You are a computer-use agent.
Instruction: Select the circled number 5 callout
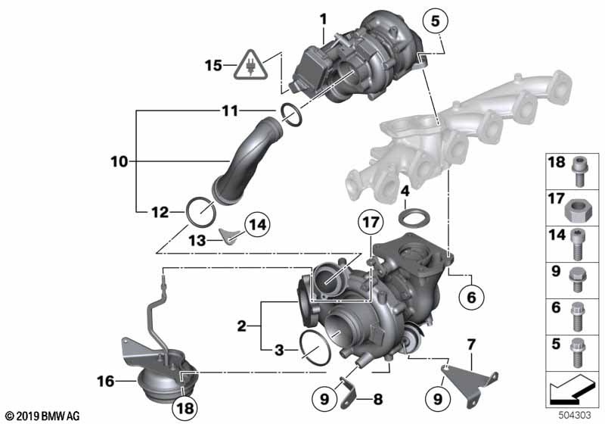coord(435,20)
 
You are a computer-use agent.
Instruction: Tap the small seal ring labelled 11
coord(291,114)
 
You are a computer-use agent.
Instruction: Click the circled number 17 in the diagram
coord(371,223)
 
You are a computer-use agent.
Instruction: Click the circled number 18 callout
coord(185,407)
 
